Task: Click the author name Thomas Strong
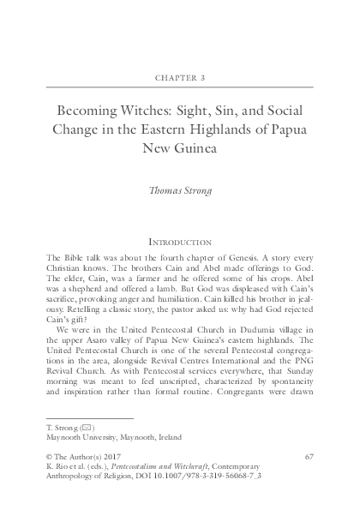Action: [179, 192]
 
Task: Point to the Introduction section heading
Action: [179, 243]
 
